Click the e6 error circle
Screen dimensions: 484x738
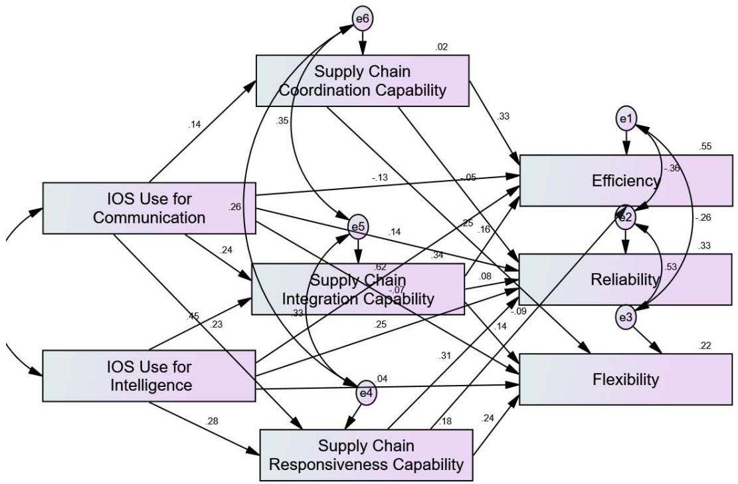[x=363, y=19]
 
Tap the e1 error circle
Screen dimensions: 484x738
[x=626, y=119]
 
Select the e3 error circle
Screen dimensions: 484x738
[x=625, y=318]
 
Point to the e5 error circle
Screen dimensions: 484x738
[x=358, y=227]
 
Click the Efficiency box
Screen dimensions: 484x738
[x=626, y=181]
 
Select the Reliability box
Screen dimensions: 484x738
[x=626, y=280]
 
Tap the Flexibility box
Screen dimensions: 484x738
[x=626, y=380]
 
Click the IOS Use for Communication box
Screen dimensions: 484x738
[x=149, y=207]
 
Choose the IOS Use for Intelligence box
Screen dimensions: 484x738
[x=149, y=376]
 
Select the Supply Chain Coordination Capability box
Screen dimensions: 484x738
[x=362, y=80]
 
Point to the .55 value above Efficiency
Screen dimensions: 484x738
[x=705, y=146]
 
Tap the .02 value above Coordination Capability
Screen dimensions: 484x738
[x=441, y=47]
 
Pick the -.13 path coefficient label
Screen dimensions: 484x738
[x=381, y=178]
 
